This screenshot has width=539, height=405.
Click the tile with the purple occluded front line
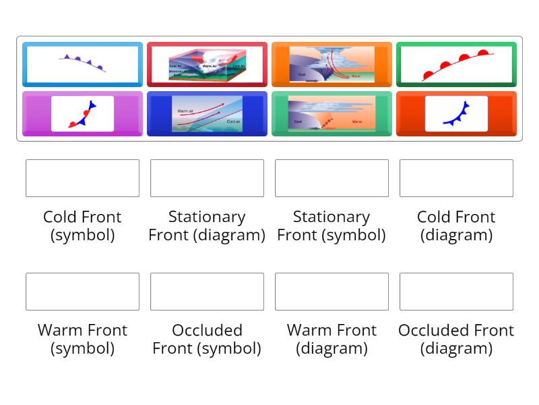82,64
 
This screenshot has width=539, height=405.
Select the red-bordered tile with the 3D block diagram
207,64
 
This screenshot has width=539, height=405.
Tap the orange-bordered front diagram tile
331,64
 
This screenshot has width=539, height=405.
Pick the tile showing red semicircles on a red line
456,64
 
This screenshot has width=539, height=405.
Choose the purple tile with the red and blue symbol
82,113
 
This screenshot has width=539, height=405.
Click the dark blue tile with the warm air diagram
207,113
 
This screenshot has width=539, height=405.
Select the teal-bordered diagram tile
331,113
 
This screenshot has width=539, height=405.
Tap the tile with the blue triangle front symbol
456,113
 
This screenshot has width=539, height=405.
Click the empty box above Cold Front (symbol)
82,178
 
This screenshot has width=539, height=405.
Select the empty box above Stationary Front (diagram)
207,178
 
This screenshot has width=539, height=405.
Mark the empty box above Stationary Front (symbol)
331,178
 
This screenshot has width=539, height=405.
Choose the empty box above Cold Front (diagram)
456,178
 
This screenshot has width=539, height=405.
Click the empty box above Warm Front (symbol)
82,292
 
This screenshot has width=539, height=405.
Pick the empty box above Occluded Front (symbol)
207,292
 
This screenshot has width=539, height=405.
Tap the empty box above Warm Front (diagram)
331,292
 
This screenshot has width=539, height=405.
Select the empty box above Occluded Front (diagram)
456,292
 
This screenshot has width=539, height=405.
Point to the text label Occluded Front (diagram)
456,339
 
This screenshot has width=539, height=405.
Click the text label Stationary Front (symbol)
331,225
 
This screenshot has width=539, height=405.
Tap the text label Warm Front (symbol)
82,339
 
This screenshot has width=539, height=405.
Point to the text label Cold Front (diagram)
456,225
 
